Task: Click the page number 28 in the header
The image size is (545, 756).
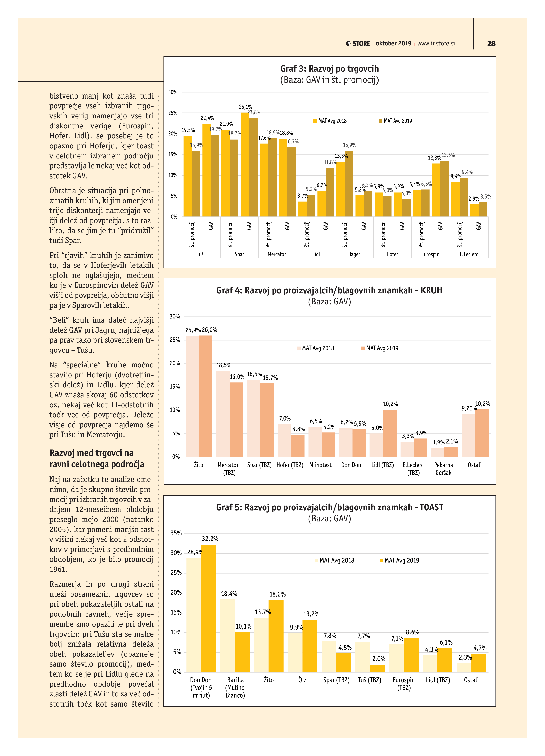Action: pos(491,44)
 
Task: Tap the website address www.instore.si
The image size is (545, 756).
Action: pos(436,43)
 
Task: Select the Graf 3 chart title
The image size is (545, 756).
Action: pos(329,69)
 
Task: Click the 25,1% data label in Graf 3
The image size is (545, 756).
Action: pos(245,107)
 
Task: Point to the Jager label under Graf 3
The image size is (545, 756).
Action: pos(354,254)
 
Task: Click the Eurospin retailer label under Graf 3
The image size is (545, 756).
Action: pos(430,254)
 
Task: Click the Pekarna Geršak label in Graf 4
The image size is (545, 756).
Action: pos(443,469)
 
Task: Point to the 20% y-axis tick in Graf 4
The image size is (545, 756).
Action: pos(175,363)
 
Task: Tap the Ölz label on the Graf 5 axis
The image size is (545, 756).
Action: pos(302,680)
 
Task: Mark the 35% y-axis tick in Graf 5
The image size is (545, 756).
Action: pos(176,533)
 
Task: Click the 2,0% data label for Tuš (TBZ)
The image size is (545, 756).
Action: pos(379,659)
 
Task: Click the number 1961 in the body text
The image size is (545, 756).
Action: pos(58,569)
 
